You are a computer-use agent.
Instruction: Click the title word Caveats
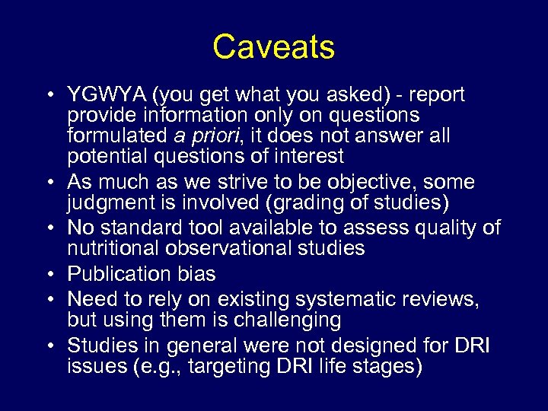tap(273, 47)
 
